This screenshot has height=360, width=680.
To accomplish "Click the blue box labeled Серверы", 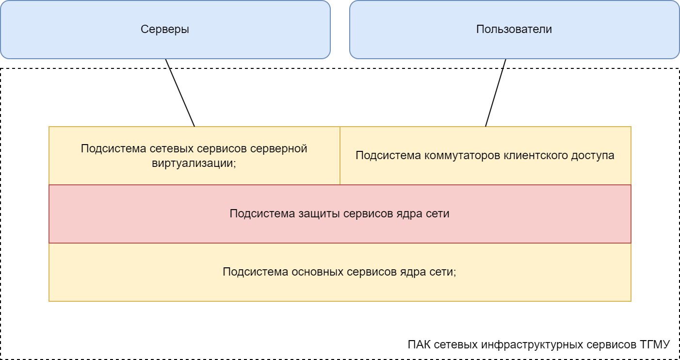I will coord(165,29).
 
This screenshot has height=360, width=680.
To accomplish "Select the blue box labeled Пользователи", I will coord(514,29).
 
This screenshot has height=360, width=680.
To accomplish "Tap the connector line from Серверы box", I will coord(180,93).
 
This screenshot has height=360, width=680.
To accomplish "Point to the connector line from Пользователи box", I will coord(496,93).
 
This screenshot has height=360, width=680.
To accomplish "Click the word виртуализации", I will coord(193,163).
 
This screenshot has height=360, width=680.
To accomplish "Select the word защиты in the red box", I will coord(317,213).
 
